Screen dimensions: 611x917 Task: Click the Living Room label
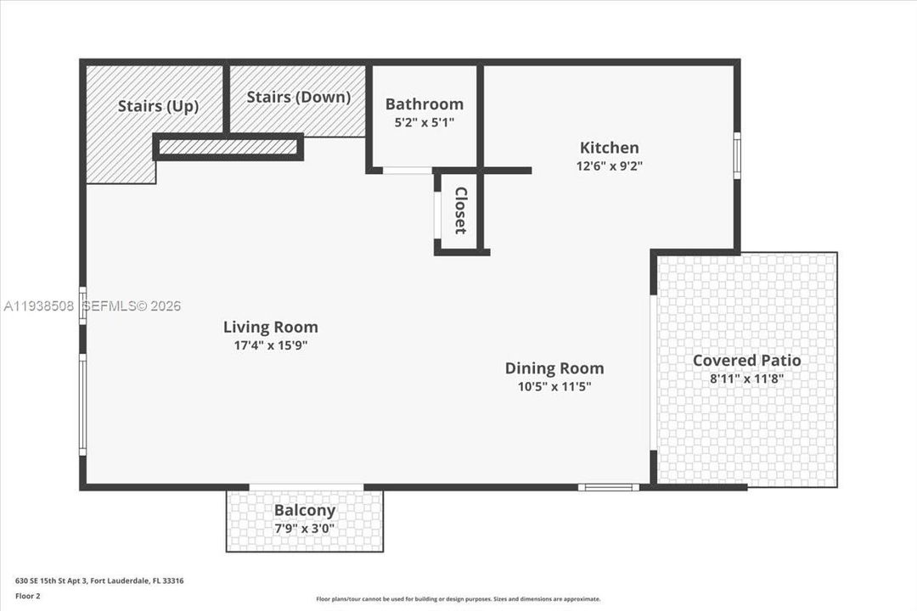pyautogui.click(x=270, y=327)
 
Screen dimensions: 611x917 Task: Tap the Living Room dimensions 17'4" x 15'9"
pyautogui.click(x=270, y=345)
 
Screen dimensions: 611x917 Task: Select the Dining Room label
pyautogui.click(x=554, y=368)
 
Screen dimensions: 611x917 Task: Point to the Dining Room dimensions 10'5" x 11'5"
pyautogui.click(x=554, y=387)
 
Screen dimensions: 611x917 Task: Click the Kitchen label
pyautogui.click(x=609, y=148)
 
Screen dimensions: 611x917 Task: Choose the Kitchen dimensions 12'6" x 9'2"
pyautogui.click(x=609, y=166)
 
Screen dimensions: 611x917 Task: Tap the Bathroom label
pyautogui.click(x=425, y=104)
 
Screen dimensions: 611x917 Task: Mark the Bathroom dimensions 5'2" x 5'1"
pyautogui.click(x=425, y=123)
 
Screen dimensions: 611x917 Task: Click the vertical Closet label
pyautogui.click(x=460, y=210)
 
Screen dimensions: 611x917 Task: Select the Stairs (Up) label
pyautogui.click(x=158, y=106)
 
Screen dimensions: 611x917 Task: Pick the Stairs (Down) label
pyautogui.click(x=299, y=97)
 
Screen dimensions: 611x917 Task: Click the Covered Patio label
pyautogui.click(x=746, y=361)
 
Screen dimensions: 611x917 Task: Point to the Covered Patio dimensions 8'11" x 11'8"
pyautogui.click(x=746, y=379)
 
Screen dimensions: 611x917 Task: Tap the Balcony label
pyautogui.click(x=305, y=511)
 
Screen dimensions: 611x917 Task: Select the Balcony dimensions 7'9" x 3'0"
pyautogui.click(x=305, y=529)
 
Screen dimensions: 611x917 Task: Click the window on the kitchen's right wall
pyautogui.click(x=737, y=155)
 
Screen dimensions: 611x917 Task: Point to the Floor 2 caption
pyautogui.click(x=27, y=596)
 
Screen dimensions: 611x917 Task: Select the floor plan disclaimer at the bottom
pyautogui.click(x=458, y=599)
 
